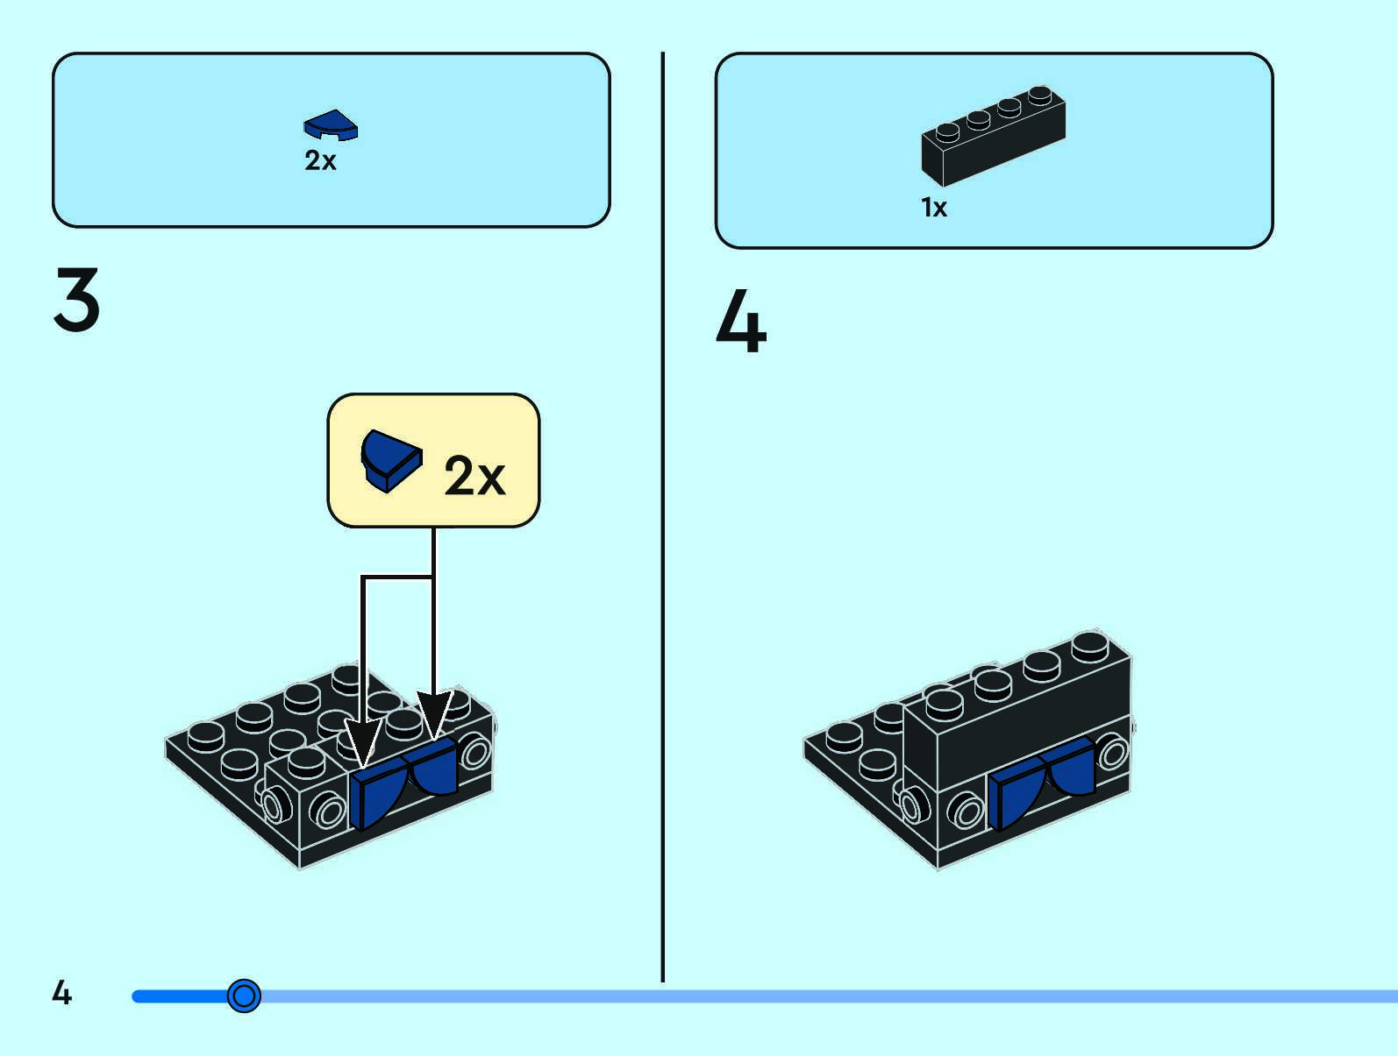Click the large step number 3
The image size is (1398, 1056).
pyautogui.click(x=76, y=299)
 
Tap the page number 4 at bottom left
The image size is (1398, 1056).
pyautogui.click(x=61, y=992)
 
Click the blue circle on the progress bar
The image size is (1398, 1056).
pyautogui.click(x=244, y=996)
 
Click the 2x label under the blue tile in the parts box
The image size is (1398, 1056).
pyautogui.click(x=320, y=160)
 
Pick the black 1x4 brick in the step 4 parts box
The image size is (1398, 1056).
pyautogui.click(x=993, y=136)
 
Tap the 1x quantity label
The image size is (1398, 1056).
pyautogui.click(x=934, y=208)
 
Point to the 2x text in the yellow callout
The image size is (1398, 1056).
pyautogui.click(x=474, y=475)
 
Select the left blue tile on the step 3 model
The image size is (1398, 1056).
pyautogui.click(x=378, y=792)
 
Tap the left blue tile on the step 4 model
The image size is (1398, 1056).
pyautogui.click(x=1017, y=792)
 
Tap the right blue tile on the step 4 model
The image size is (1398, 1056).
pyautogui.click(x=1070, y=767)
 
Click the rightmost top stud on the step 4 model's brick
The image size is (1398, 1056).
pyautogui.click(x=1090, y=646)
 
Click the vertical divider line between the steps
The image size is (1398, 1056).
pyautogui.click(x=662, y=516)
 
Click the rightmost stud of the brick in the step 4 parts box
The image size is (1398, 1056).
pyautogui.click(x=1040, y=95)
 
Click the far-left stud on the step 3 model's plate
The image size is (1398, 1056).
pyautogui.click(x=206, y=737)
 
